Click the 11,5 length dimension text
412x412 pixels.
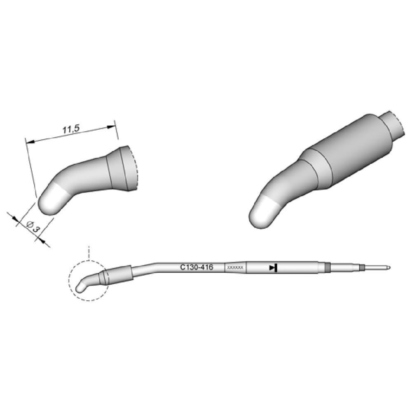[x=70, y=129]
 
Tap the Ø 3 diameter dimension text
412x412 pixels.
[x=33, y=226]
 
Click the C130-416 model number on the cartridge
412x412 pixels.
[x=196, y=267]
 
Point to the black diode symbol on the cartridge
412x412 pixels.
[x=273, y=268]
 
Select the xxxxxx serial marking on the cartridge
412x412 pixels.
[x=236, y=268]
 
